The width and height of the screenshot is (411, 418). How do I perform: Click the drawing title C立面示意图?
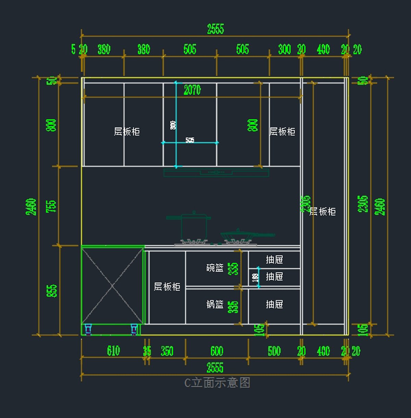coord(217,382)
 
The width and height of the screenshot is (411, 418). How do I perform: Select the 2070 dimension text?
coord(192,90)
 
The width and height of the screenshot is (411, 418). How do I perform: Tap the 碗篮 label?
coord(215,268)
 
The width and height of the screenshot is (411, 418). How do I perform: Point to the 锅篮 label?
coord(215,304)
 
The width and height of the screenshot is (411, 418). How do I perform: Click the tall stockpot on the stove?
coord(194,227)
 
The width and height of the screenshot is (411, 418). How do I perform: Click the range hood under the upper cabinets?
coord(216,173)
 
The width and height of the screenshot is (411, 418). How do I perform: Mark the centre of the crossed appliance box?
coord(112,286)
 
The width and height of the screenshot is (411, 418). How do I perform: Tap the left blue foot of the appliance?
coord(88,329)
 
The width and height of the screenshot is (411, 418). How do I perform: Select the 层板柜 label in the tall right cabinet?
coord(322,211)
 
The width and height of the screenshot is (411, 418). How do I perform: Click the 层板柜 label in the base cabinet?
coord(167,287)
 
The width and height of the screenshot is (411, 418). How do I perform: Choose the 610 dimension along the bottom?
coord(113,351)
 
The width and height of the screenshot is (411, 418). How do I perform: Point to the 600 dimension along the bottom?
coord(217,351)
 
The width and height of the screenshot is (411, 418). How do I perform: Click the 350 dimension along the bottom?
coord(167,351)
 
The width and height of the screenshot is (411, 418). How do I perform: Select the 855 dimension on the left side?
coord(51,291)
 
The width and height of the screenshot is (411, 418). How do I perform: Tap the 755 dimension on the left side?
coord(51,206)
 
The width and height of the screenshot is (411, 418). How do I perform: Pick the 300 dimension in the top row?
coord(284,49)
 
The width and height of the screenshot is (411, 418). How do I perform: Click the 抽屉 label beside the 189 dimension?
coord(274,277)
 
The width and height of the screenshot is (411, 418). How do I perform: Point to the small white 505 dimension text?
coord(190,140)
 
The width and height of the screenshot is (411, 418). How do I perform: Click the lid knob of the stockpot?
coord(194,212)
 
